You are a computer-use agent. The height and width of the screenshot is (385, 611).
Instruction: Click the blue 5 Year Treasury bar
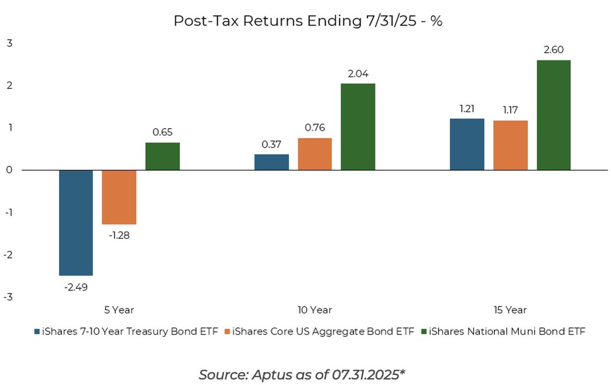[76, 223]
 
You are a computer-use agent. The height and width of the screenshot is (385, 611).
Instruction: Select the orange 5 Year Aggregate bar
[119, 197]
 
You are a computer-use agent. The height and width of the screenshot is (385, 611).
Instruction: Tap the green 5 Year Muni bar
[162, 156]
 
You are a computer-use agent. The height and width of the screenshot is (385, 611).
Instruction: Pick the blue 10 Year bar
[271, 162]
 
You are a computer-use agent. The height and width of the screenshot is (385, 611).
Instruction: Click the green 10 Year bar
[358, 127]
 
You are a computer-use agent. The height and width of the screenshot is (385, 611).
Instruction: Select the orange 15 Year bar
[510, 145]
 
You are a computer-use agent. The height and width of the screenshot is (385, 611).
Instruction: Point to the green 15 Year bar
[553, 115]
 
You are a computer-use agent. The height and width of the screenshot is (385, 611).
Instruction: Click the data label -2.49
[76, 287]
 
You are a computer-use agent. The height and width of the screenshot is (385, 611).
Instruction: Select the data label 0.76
[315, 127]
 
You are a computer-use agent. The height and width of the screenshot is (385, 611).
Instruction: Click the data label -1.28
[119, 236]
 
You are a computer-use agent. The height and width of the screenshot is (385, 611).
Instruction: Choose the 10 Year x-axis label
[315, 310]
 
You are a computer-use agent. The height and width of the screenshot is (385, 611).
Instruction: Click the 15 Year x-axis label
[510, 310]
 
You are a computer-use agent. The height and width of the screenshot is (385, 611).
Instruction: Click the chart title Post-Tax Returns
[308, 21]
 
